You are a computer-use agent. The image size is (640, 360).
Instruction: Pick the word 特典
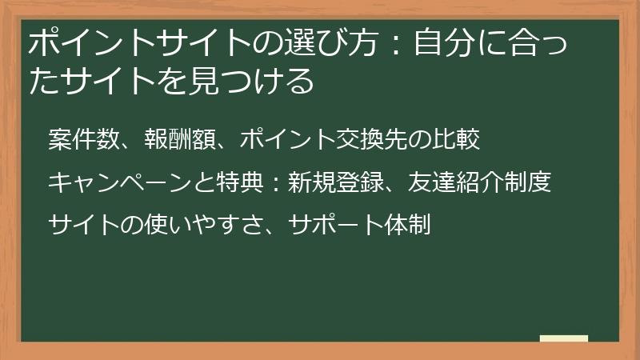click(239, 183)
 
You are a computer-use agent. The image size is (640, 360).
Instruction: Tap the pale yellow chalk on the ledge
click(564, 338)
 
